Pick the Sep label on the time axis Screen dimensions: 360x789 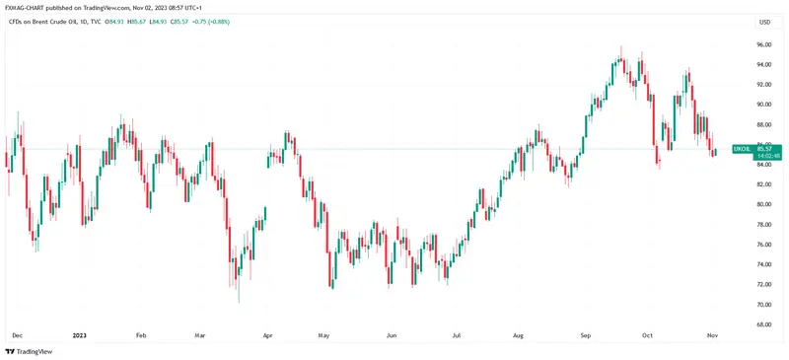(x=585, y=336)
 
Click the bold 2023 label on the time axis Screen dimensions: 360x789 (x=79, y=336)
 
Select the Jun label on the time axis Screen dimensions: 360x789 (x=391, y=336)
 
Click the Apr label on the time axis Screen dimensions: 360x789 (x=267, y=336)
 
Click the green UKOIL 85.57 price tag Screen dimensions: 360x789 (x=755, y=149)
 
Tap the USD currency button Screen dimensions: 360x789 (x=763, y=22)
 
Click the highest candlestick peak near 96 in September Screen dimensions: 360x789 (x=620, y=47)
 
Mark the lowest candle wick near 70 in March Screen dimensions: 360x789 (x=238, y=300)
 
